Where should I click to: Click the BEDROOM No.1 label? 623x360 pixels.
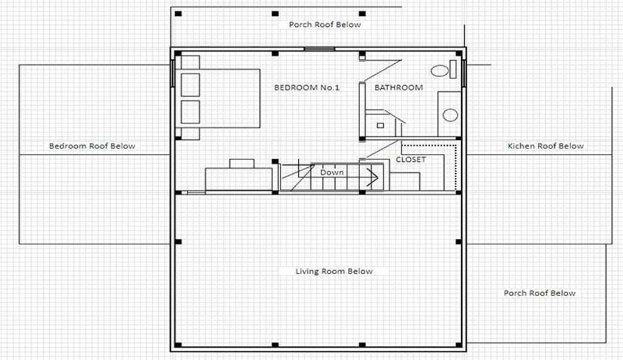(307, 88)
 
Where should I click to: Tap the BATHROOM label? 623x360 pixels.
(399, 88)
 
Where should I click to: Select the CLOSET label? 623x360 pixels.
(411, 159)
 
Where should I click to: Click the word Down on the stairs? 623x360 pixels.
(332, 172)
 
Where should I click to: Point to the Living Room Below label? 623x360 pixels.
(334, 271)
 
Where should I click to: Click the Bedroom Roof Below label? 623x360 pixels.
(92, 146)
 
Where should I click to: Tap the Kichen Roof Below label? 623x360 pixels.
(546, 146)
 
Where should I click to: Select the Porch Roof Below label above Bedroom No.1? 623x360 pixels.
(325, 25)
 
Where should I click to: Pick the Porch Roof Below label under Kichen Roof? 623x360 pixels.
(540, 293)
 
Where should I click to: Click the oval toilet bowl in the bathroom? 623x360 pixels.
(439, 71)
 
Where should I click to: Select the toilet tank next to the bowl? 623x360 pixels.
(453, 69)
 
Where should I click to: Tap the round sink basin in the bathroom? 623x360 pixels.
(450, 115)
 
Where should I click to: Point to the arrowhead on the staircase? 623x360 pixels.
(373, 176)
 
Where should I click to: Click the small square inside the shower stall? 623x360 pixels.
(380, 125)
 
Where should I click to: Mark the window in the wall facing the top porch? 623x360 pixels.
(319, 49)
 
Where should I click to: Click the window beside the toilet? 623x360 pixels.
(464, 74)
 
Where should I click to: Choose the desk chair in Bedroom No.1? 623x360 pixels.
(242, 164)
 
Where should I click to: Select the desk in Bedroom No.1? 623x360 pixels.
(238, 179)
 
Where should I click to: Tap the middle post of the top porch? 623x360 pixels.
(275, 14)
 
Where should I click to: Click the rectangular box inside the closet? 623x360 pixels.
(405, 181)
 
